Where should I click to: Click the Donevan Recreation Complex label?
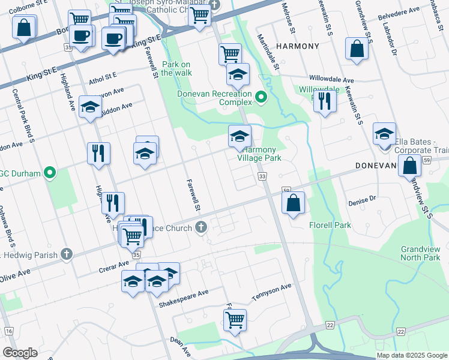pyautogui.click(x=214, y=99)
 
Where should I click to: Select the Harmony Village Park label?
pyautogui.click(x=259, y=154)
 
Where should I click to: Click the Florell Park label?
pyautogui.click(x=330, y=226)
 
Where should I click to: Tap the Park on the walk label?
pyautogui.click(x=176, y=68)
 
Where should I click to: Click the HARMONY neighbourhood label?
pyautogui.click(x=297, y=46)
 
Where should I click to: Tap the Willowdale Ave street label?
pyautogui.click(x=331, y=79)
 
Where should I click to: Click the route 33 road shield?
pyautogui.click(x=262, y=176)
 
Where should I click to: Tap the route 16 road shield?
pyautogui.click(x=8, y=331)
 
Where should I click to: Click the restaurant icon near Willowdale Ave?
pyautogui.click(x=325, y=101)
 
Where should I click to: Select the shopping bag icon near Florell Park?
pyautogui.click(x=293, y=203)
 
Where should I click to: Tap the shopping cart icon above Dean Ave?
pyautogui.click(x=235, y=319)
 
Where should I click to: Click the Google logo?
pyautogui.click(x=20, y=353)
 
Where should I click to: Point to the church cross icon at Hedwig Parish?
pyautogui.click(x=66, y=254)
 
